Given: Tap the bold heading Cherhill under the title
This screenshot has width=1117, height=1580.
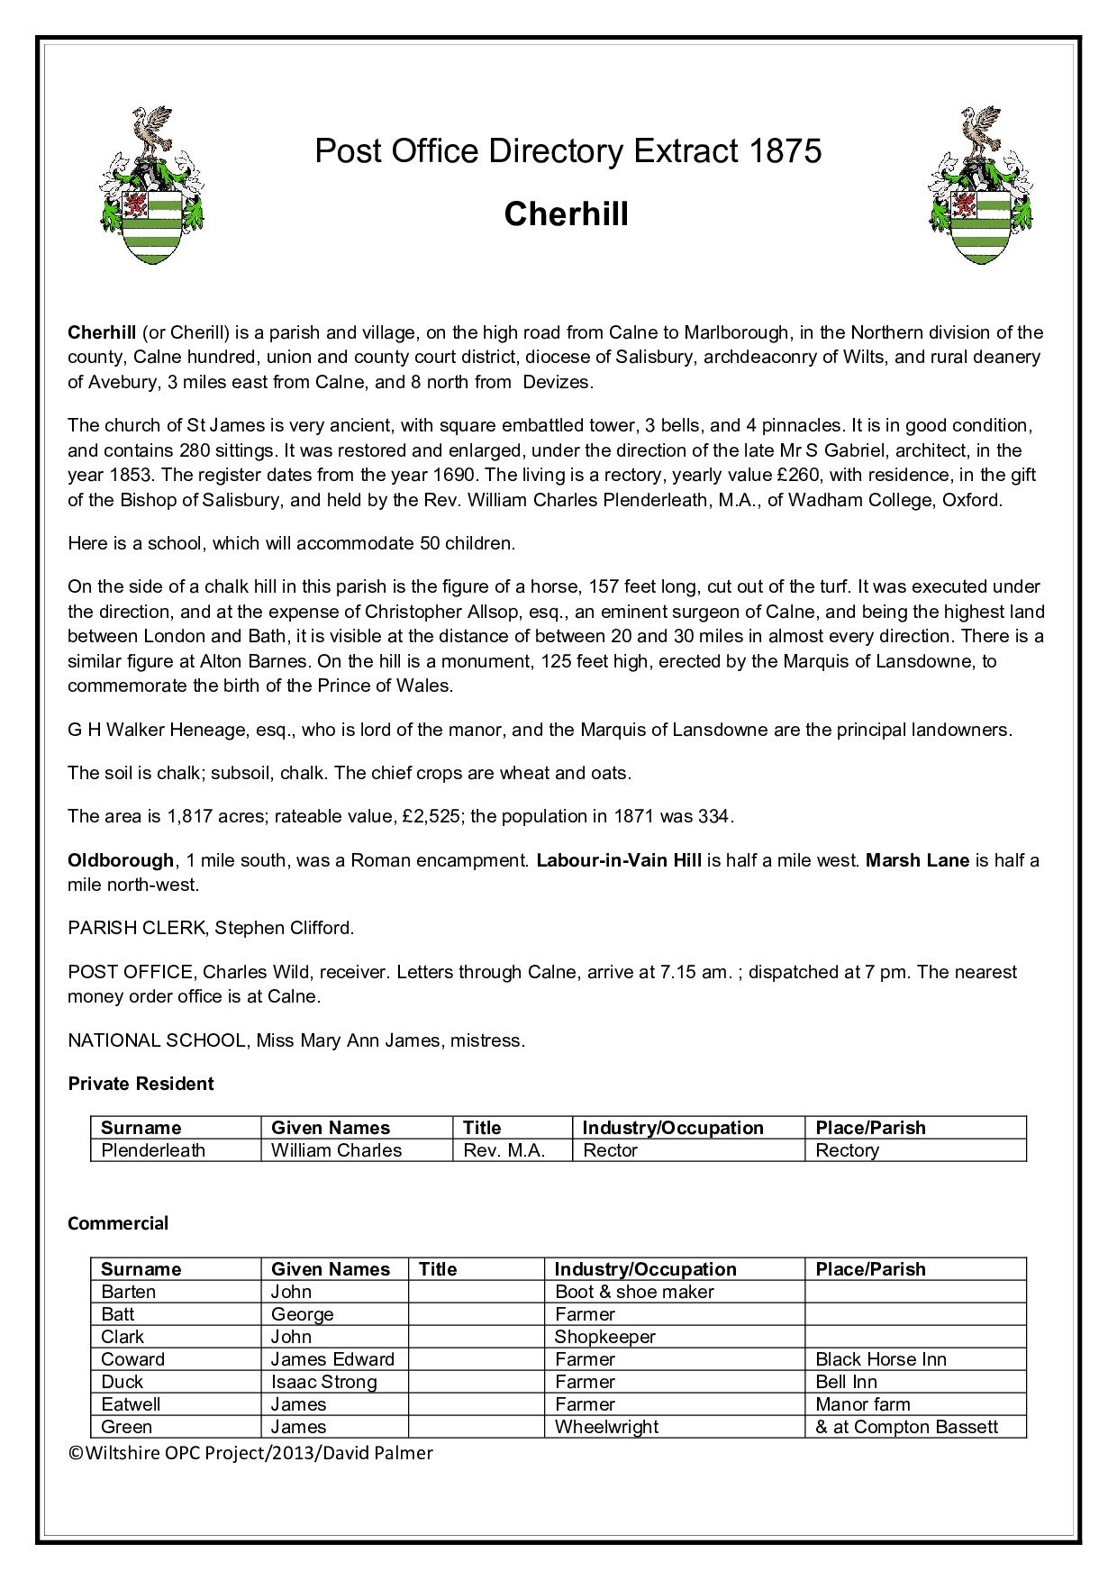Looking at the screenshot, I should (x=566, y=214).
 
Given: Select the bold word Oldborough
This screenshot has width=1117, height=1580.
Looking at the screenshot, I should (x=121, y=860).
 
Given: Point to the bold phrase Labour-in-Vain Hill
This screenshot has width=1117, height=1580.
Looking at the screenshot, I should (x=618, y=860).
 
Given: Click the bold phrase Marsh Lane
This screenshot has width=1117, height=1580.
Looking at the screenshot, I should (x=917, y=860).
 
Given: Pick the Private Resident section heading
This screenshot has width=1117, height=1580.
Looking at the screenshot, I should (x=141, y=1084).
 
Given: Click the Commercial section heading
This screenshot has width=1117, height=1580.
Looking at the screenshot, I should (x=118, y=1223).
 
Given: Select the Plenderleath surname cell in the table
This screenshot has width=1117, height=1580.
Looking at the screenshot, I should (x=153, y=1150).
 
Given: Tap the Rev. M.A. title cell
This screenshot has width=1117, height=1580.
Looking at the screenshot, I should (x=504, y=1150).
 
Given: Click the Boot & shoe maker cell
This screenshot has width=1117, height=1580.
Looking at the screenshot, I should (x=634, y=1292).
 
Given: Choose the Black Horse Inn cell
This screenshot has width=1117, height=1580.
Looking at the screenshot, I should (x=881, y=1359).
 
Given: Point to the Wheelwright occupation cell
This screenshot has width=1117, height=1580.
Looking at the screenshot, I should (x=606, y=1427).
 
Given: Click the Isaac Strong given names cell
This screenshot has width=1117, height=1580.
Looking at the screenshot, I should (x=324, y=1382).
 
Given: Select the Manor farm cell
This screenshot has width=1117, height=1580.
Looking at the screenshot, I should (x=863, y=1404).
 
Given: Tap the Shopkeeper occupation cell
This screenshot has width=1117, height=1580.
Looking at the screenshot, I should (x=604, y=1337).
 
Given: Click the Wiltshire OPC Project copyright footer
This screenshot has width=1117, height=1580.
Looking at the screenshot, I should (x=250, y=1453).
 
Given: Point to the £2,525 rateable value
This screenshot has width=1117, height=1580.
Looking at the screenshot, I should (x=431, y=817).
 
